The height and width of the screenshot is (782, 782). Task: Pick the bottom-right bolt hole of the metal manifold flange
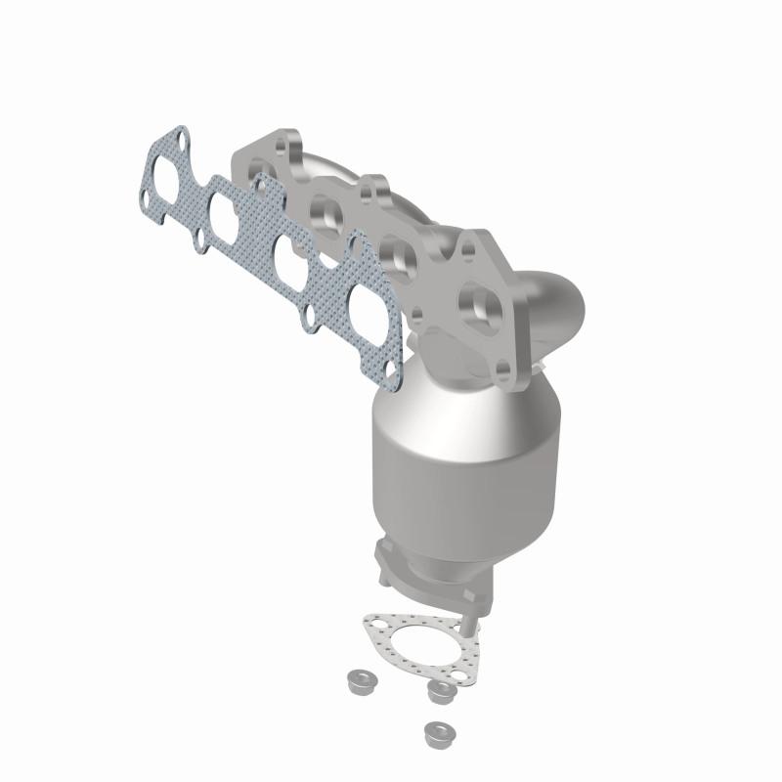point(502,370)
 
